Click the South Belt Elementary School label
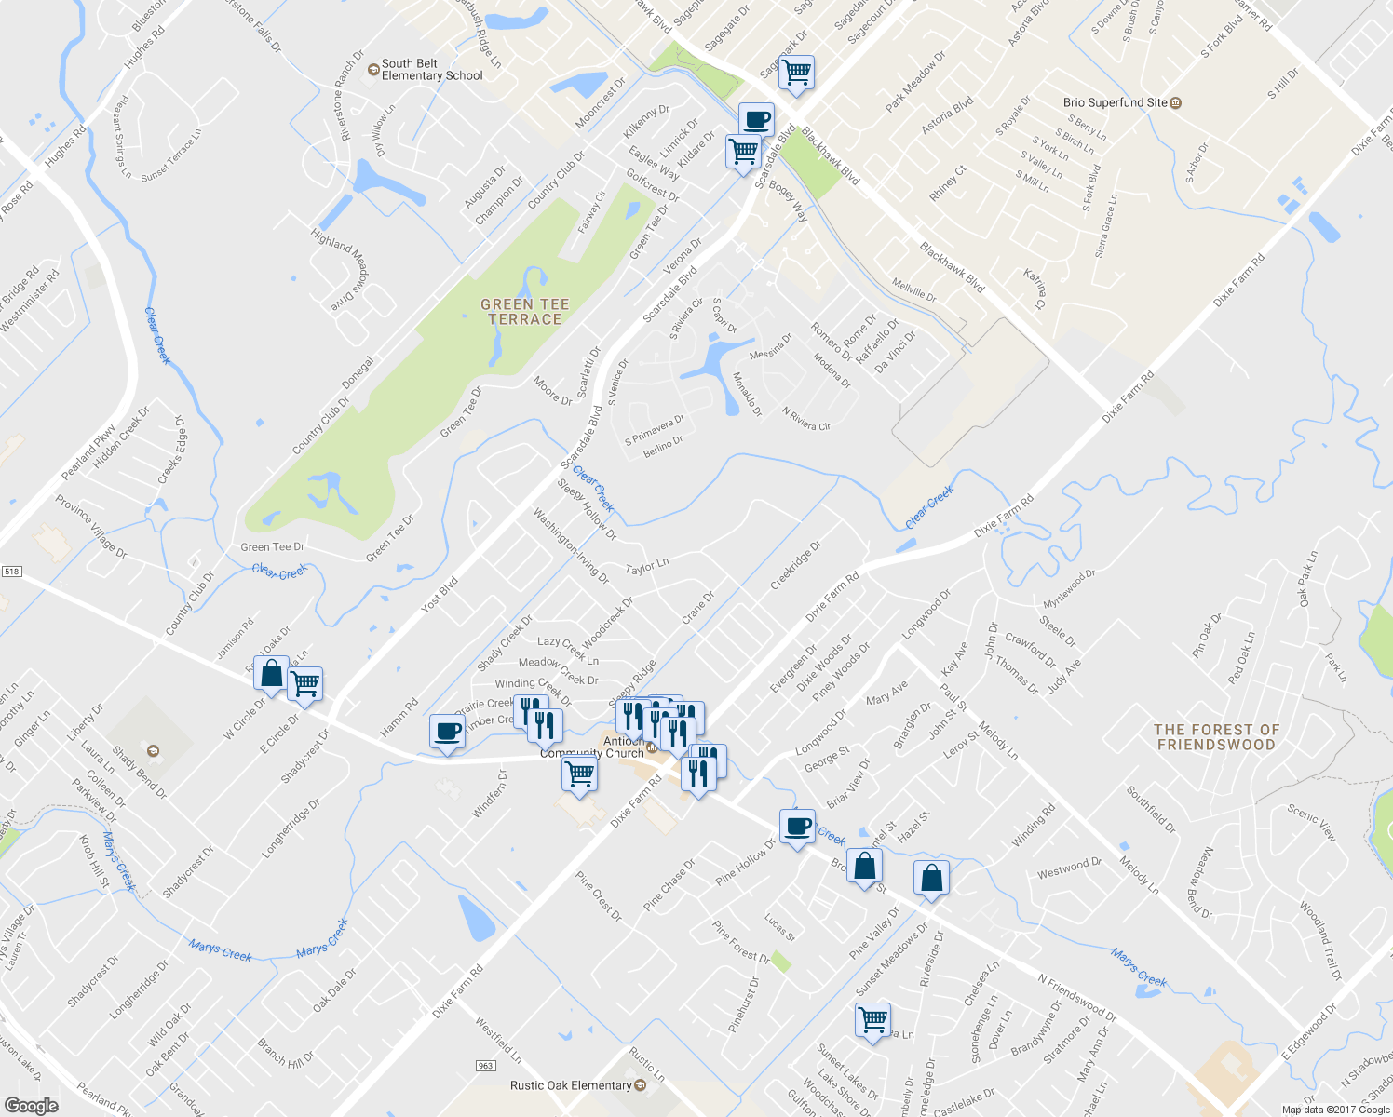point(431,70)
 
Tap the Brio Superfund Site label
point(1116,102)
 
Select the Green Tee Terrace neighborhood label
point(524,312)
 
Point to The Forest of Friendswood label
point(1216,737)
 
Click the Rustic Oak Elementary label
point(571,1085)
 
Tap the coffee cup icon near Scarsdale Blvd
point(756,120)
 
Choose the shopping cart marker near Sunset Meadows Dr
point(872,1019)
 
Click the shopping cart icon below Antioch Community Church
point(579,773)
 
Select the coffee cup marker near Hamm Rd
point(447,731)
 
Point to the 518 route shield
point(11,571)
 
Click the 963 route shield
point(485,1066)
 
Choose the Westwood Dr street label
point(1069,868)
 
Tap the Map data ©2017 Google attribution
point(1335,1110)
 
